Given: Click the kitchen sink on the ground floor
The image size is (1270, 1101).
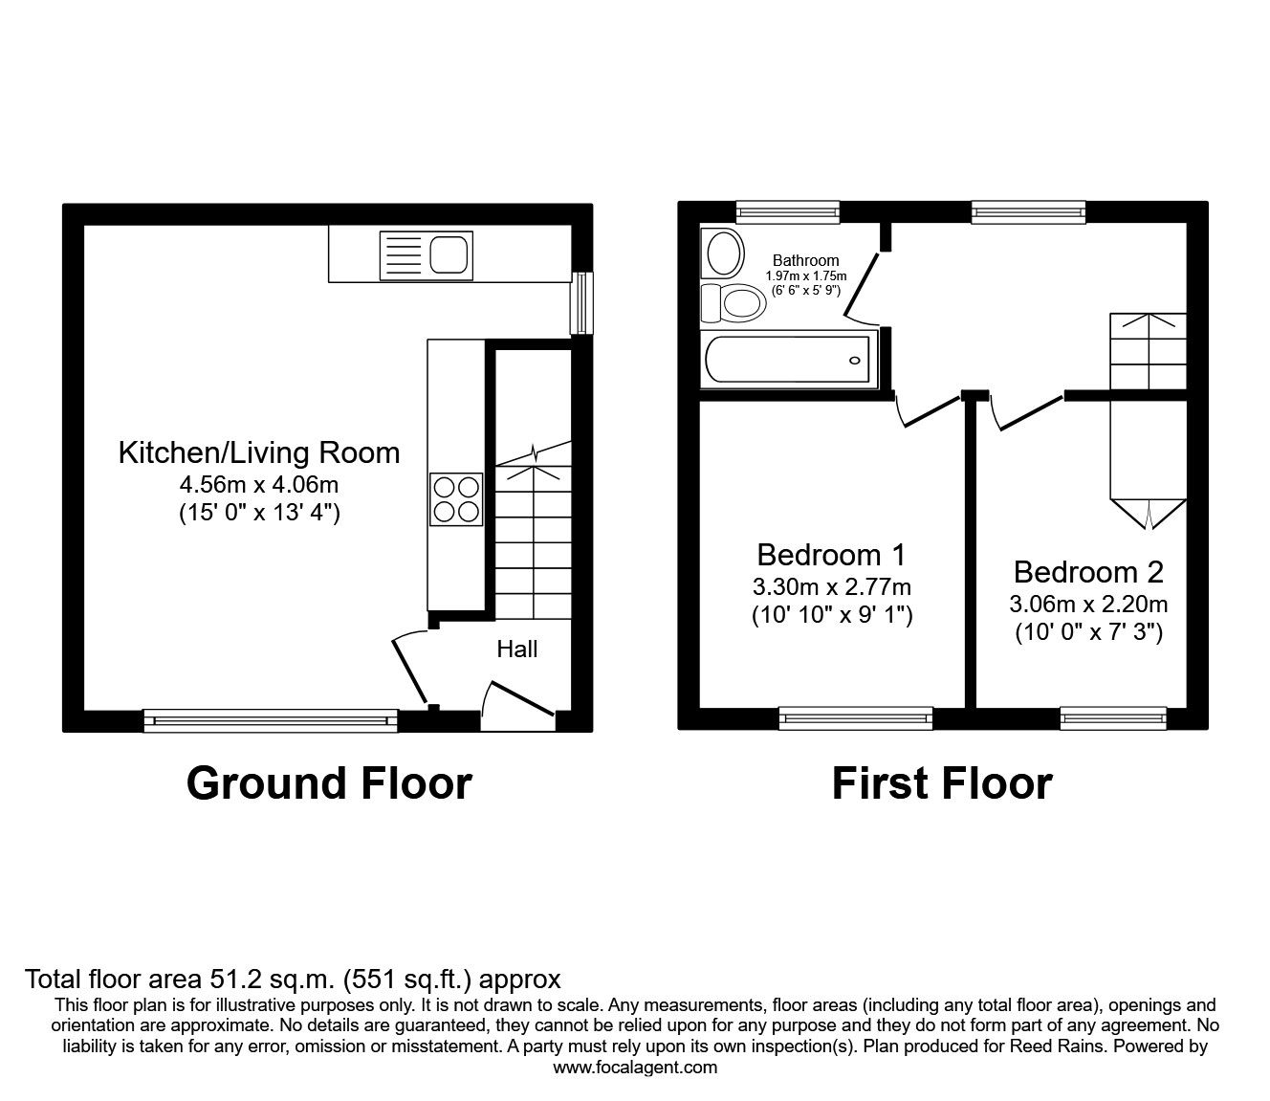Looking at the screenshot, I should pos(426,254).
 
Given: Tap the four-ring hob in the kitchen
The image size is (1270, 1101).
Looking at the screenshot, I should pos(455,498).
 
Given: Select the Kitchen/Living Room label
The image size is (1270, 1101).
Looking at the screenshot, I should pos(259,452).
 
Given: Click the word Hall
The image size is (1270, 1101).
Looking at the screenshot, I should pos(516,650).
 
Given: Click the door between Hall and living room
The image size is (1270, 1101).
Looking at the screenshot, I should pos(409,670).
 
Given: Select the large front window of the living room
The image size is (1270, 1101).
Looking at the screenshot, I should pos(270,719).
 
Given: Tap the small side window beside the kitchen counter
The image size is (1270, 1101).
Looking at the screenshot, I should pos(580,303).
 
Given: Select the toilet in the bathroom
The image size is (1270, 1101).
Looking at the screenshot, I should pos(732,304).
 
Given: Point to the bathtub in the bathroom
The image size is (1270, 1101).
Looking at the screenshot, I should pos(788,362).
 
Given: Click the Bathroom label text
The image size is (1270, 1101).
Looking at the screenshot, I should pos(805,260).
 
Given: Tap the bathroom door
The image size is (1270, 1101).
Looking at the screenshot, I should pos(862,287).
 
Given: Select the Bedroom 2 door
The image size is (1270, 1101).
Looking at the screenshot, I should pos(1027,412).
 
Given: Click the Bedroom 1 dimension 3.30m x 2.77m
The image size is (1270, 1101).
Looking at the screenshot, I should pos(831,586).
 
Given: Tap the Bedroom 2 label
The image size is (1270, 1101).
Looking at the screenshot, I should pos(1088,572).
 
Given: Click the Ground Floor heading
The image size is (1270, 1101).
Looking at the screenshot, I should pos(329,782).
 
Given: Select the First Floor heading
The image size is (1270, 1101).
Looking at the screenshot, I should pos(941,782).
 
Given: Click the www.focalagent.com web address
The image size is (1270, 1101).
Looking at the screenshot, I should pos(635,1068).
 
